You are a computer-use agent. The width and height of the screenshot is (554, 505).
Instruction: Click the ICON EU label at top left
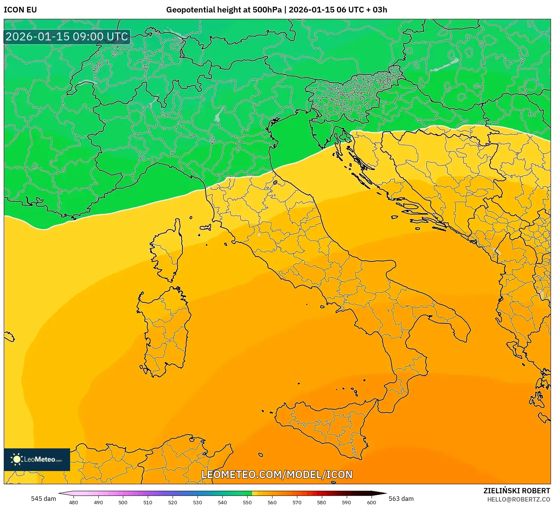pos(20,10)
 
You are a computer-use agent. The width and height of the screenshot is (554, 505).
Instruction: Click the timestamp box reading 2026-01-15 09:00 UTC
pos(67,37)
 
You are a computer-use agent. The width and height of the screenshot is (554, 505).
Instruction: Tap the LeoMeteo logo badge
pos(37,459)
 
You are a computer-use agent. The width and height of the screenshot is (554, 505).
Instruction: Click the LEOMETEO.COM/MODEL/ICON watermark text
pos(277,474)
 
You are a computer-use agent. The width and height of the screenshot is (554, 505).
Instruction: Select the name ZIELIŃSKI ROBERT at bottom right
pos(517,491)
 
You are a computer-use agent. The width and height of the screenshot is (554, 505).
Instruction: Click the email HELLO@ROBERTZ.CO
pos(519,499)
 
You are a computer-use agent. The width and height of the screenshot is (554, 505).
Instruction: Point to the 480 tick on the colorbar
pos(73,502)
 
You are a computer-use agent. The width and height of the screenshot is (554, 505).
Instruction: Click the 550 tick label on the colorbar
pos(247,502)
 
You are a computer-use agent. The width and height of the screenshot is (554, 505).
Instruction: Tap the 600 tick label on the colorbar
pos(371,502)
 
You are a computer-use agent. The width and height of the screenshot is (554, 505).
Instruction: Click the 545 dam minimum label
pos(43,499)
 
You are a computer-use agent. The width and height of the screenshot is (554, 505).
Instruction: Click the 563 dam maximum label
pos(401,499)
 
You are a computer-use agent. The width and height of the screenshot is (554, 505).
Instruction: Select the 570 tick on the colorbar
pos(297,502)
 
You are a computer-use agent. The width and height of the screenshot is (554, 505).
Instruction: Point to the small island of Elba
pos(205,228)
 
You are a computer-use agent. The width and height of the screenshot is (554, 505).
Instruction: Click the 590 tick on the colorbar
pos(346,502)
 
